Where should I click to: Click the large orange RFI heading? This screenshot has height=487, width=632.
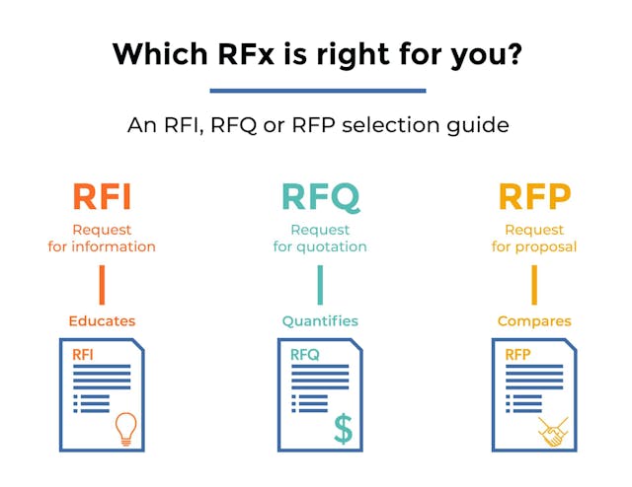102,197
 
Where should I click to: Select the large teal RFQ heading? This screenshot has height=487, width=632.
320,197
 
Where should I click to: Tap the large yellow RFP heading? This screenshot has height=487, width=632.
534,197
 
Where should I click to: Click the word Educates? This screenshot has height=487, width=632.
102,320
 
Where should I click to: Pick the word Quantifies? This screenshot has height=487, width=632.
320,320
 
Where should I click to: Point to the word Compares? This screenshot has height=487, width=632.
534,320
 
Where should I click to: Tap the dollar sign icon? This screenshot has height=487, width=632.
343,427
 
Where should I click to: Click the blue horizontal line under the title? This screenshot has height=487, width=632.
318,91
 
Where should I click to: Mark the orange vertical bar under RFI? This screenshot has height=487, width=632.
102,285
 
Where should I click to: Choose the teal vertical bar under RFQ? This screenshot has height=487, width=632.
320,285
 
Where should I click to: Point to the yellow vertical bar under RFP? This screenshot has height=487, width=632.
534,285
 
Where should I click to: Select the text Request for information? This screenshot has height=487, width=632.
102,238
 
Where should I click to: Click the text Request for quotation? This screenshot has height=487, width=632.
320,238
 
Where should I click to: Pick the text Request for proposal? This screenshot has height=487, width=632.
534,238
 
